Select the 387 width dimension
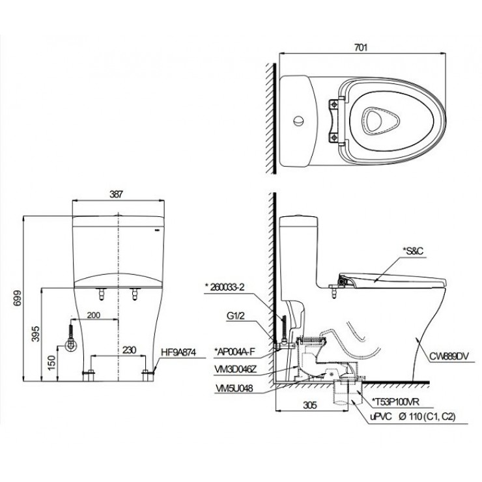pos(117,193)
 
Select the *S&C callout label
pos(413,250)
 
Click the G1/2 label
pos(234,318)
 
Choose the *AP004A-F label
pos(233,352)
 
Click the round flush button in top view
pos(299,120)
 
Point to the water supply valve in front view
pos(71,341)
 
